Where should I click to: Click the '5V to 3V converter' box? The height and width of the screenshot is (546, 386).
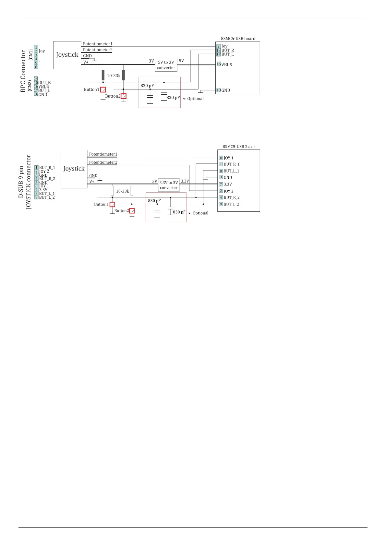pos(166,65)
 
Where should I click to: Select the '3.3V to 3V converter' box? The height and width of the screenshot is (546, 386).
pos(169,185)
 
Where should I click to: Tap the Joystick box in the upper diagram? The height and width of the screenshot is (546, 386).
pos(67,55)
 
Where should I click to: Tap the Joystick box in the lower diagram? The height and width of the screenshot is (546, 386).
pos(74,169)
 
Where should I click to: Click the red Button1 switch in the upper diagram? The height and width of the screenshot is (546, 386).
pos(103,90)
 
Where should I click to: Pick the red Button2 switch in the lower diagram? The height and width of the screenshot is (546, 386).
pos(132,211)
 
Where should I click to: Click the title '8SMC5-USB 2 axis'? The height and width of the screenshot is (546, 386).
pos(239,147)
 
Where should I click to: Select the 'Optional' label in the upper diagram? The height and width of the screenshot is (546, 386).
pos(195,99)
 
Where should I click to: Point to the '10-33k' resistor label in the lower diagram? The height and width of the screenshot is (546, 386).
pos(122,191)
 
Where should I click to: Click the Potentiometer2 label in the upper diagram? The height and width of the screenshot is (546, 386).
pos(98,50)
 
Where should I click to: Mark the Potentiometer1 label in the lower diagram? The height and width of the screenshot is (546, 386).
pos(103,154)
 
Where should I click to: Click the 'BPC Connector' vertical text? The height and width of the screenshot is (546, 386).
pos(23,71)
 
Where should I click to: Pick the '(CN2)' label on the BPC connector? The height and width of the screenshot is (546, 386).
pos(30,86)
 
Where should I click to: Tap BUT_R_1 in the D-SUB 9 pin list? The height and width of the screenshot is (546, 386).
pos(47,168)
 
